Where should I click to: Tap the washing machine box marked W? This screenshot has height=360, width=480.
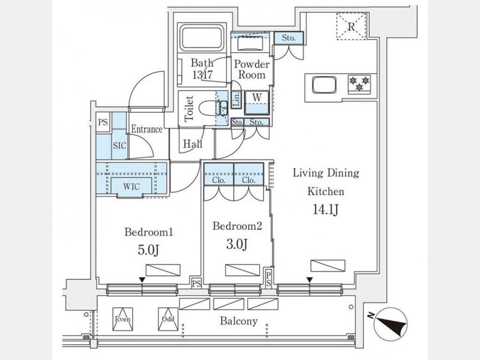tap(256, 97)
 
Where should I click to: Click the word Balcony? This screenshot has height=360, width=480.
tap(239, 321)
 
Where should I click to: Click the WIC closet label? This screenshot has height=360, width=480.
tap(132, 187)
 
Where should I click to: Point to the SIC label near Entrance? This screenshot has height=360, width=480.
tap(119, 146)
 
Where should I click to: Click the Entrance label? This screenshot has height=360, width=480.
tap(147, 129)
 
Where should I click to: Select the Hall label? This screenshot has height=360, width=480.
tap(193, 145)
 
